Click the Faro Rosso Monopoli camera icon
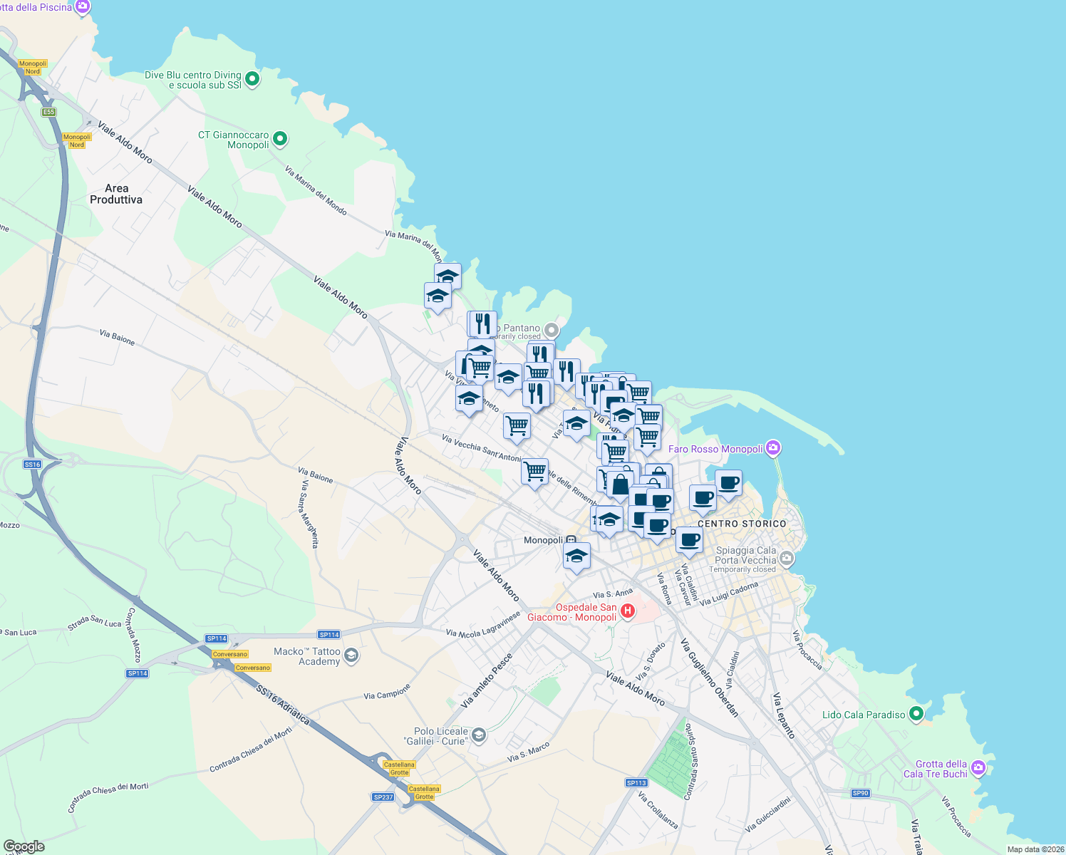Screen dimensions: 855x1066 tap(774, 448)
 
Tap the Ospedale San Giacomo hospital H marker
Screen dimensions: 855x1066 tap(628, 611)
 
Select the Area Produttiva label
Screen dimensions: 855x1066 tap(116, 194)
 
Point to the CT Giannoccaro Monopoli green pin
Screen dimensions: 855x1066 tap(280, 139)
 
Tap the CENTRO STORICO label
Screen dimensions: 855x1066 tap(742, 524)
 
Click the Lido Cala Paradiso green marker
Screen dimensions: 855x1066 tap(917, 713)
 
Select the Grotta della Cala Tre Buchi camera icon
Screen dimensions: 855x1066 tap(978, 768)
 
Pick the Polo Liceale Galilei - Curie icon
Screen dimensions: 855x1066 tap(479, 735)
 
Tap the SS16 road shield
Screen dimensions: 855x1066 tap(32, 465)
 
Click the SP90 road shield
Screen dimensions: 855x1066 tap(860, 793)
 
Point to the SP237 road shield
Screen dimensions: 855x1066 tap(383, 797)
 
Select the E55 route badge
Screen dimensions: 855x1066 tap(48, 112)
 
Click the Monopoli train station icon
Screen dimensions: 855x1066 tap(571, 540)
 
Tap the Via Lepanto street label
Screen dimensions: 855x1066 tap(785, 715)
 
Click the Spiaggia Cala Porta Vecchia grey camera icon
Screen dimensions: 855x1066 tap(787, 559)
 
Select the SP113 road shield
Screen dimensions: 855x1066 tap(636, 782)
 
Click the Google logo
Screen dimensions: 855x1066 tap(24, 846)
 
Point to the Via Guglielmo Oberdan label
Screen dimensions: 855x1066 tap(710, 677)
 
